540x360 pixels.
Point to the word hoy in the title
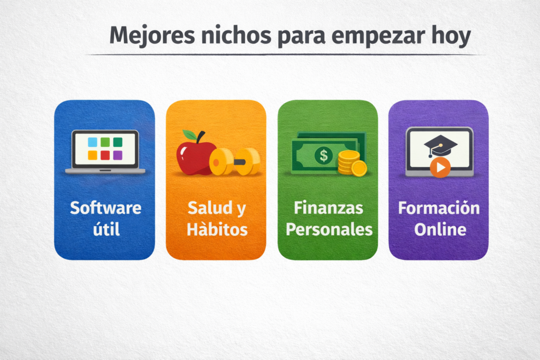tap(451, 37)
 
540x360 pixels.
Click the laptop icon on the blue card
tap(105, 152)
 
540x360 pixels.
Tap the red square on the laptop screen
tap(105, 155)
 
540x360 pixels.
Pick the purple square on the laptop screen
tap(118, 155)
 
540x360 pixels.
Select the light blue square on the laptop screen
tap(92, 142)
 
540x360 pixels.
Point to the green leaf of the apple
tap(188, 135)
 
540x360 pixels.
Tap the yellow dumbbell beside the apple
tap(235, 161)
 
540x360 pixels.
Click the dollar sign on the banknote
tap(323, 155)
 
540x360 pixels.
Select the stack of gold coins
tap(351, 163)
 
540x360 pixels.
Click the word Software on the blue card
tap(105, 208)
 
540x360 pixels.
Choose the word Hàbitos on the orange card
tap(217, 230)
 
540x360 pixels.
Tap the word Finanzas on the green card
tap(328, 208)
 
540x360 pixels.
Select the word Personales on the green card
tap(328, 230)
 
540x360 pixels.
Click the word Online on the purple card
tap(440, 230)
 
